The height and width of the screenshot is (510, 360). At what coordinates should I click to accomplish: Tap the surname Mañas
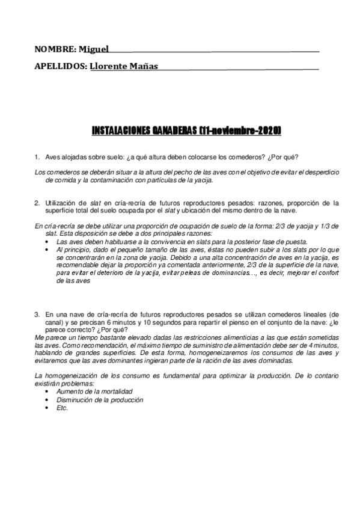point(144,66)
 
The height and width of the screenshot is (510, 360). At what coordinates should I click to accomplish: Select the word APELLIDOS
point(60,66)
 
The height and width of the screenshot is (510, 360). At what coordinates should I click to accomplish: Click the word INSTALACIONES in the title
point(120,129)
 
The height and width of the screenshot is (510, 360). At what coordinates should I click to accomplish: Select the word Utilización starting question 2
point(61,203)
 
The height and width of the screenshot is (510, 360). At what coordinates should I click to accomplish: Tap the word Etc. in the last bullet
point(62,407)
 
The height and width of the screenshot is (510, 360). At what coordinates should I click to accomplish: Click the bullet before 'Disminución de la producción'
point(48,399)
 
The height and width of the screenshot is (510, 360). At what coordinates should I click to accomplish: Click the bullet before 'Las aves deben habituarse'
point(48,241)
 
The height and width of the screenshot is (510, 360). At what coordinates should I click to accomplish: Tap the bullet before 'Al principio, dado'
point(48,249)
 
